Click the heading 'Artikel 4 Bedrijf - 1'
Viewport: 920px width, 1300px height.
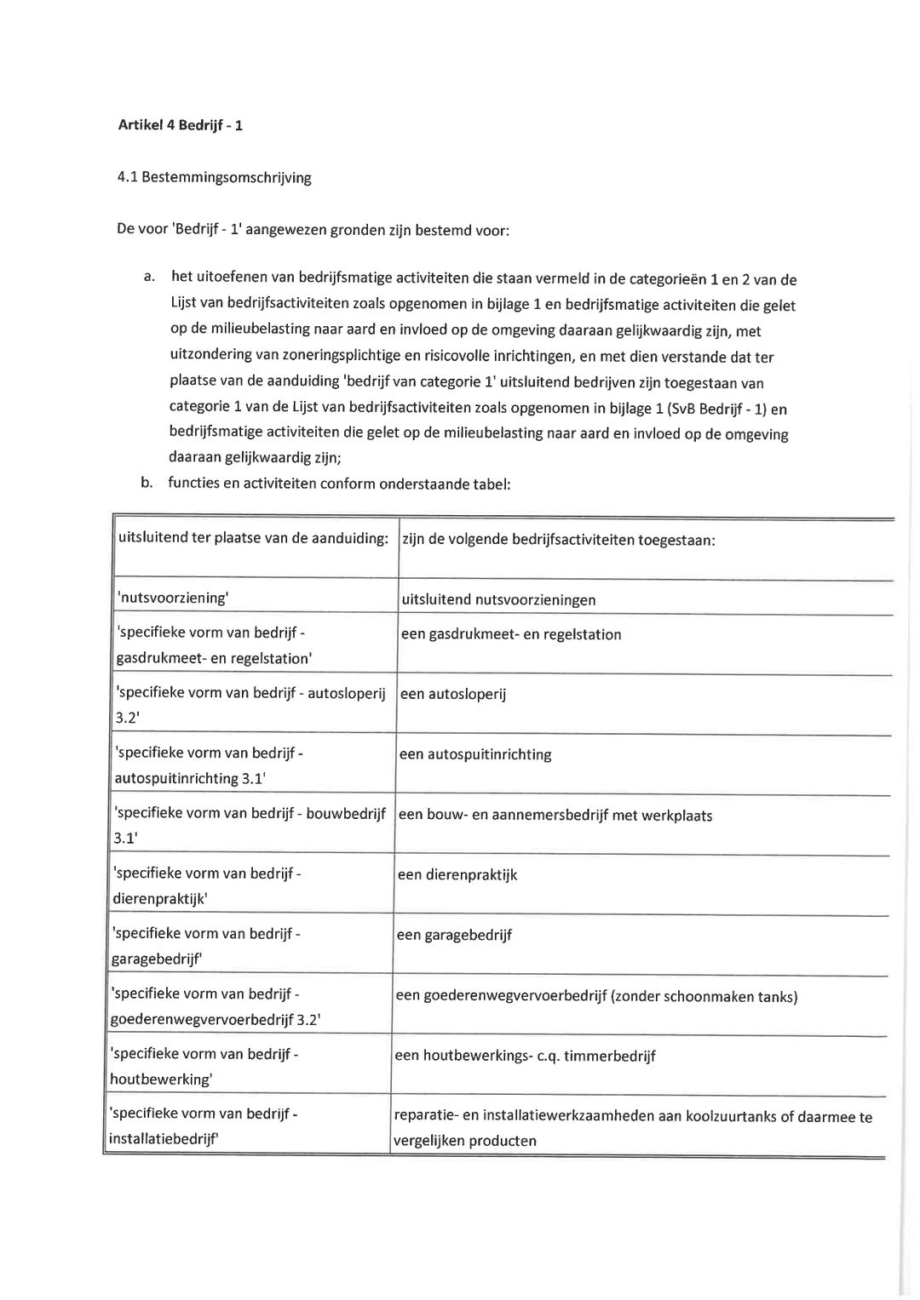point(180,126)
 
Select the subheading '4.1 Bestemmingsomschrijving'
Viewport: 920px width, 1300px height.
point(214,178)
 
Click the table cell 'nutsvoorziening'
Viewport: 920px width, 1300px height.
point(172,598)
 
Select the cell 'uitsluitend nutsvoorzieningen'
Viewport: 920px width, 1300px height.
point(498,599)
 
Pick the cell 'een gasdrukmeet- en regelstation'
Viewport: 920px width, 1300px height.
point(511,634)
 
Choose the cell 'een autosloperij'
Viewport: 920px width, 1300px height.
point(453,694)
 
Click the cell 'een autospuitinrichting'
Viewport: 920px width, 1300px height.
point(475,754)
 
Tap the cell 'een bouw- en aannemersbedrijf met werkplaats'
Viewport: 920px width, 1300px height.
point(555,815)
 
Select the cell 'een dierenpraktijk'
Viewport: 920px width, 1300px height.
point(457,874)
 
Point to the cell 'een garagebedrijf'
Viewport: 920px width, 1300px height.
point(454,935)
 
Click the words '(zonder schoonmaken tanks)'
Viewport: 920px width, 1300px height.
point(704,996)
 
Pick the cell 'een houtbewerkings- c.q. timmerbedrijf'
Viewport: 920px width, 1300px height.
point(526,1056)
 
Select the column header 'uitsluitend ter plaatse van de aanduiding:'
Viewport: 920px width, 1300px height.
point(253,538)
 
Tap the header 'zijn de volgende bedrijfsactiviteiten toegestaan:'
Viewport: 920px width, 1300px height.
point(558,540)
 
